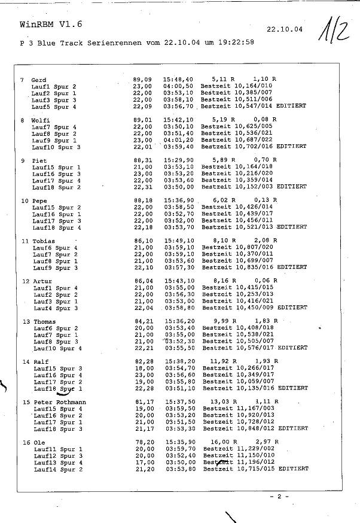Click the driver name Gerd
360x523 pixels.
tap(38, 80)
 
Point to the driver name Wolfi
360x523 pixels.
tap(40, 120)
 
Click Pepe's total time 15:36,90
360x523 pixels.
tap(179, 200)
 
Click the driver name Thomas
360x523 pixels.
tap(44, 321)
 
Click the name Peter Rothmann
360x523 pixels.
tap(60, 402)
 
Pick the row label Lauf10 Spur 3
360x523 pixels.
tap(56, 147)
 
